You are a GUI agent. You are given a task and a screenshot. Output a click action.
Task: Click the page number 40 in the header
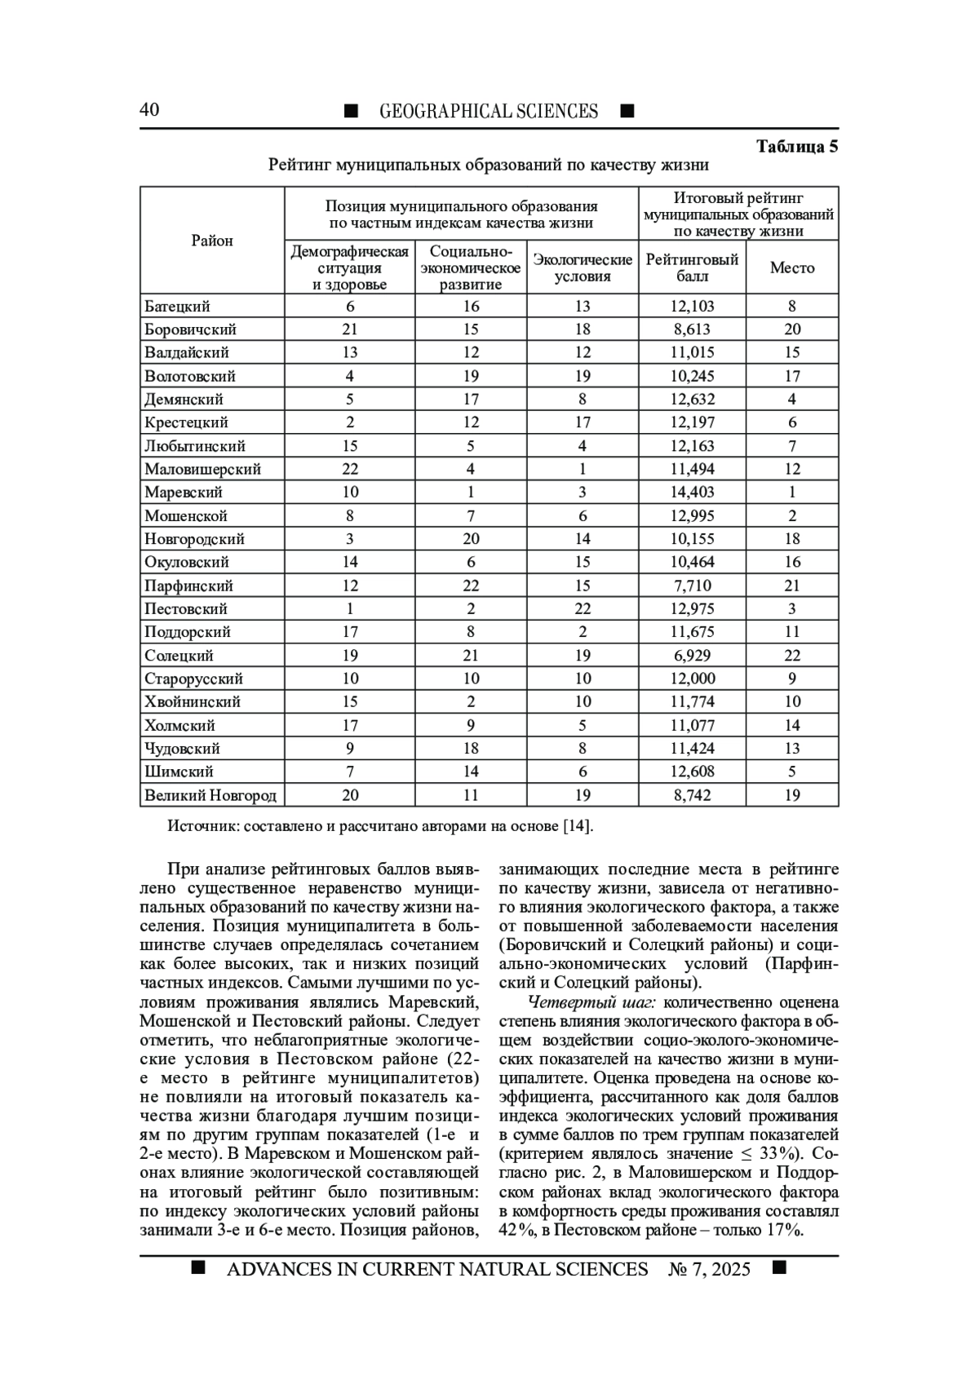(149, 110)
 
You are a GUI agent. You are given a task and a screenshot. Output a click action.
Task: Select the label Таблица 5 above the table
(797, 147)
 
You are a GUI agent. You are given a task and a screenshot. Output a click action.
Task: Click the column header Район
(212, 241)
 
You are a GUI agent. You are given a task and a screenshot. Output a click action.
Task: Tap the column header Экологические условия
(583, 268)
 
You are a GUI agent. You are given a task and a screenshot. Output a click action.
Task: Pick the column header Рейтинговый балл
(692, 268)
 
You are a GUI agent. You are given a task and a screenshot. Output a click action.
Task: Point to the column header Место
(792, 268)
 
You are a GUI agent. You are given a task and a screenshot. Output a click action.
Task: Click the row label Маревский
(184, 493)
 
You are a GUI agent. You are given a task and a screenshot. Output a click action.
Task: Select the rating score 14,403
(692, 493)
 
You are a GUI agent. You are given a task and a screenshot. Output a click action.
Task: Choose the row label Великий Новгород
(210, 795)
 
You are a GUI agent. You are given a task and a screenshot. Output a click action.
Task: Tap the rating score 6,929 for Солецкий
(692, 656)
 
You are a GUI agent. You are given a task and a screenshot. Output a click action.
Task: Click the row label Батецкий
(177, 307)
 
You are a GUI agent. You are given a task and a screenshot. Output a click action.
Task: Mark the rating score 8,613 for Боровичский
(692, 329)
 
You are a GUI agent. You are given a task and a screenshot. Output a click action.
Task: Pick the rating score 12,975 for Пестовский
(692, 609)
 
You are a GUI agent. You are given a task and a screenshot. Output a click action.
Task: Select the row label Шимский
(179, 772)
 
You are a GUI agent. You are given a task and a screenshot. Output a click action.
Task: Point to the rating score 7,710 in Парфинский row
(692, 586)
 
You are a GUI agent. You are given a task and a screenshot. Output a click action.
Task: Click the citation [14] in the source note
(578, 826)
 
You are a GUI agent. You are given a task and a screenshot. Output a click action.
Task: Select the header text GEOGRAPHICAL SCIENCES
(489, 111)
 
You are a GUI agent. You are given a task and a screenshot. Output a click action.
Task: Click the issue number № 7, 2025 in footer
(709, 1269)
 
